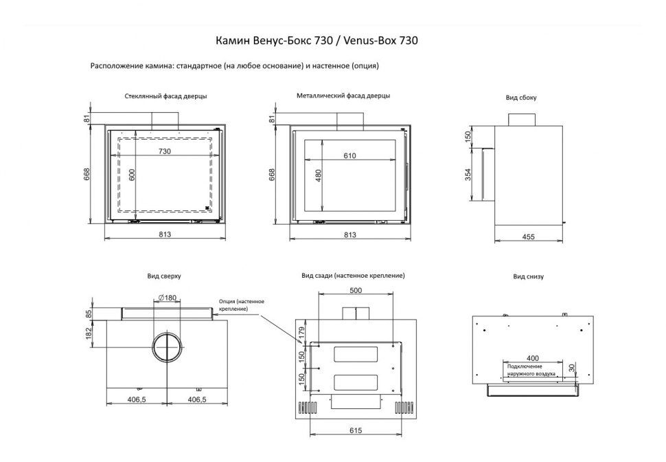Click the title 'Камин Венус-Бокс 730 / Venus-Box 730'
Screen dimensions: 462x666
(317, 41)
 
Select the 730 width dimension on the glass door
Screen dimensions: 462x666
(165, 151)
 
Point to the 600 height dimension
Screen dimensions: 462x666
(133, 175)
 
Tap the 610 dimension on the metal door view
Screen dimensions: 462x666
(349, 156)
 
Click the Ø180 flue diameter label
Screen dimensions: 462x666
(167, 297)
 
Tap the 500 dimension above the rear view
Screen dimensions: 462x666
(355, 291)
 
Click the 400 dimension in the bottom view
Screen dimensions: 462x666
(533, 359)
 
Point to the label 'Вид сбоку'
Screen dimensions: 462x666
(521, 98)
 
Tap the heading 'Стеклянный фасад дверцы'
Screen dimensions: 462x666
(166, 96)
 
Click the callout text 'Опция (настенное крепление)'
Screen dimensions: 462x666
(241, 305)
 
